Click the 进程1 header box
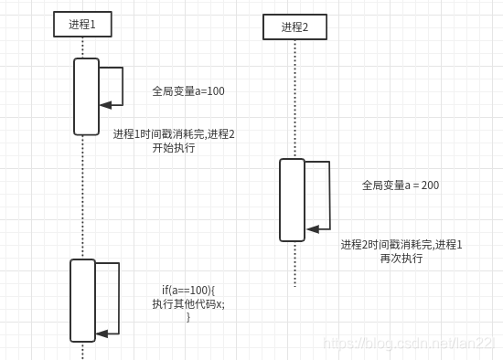(82, 25)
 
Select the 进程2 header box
(294, 27)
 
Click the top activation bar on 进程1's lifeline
(86, 96)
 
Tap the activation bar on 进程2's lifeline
(292, 199)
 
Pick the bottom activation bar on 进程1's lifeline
(82, 300)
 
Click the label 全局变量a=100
(188, 91)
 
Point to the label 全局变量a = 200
(401, 185)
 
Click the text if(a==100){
(188, 291)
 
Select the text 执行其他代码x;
(188, 304)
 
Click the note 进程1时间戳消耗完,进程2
(174, 134)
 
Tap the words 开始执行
(174, 148)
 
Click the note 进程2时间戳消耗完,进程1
(401, 245)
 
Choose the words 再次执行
(401, 259)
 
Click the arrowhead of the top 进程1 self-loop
(103, 105)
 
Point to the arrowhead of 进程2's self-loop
(311, 229)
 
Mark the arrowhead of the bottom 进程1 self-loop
(101, 334)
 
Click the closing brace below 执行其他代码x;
(188, 317)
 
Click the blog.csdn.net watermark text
(411, 343)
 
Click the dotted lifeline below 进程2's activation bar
(294, 265)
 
